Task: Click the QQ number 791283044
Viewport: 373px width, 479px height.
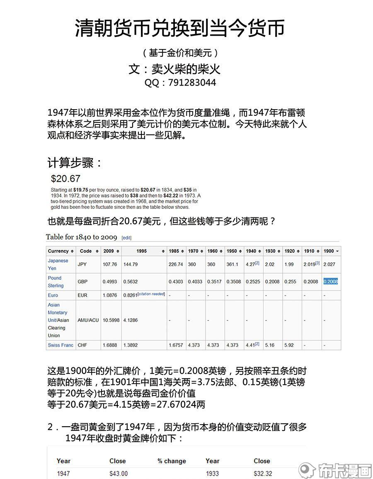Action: (192, 83)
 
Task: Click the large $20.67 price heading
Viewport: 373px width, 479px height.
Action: (65, 179)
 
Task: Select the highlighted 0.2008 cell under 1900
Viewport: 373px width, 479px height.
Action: (330, 281)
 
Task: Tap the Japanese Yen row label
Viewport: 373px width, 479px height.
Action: (58, 264)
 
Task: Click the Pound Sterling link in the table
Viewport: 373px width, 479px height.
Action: (56, 282)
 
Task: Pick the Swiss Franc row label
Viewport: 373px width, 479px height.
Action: (61, 345)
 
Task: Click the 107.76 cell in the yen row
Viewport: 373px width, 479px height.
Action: (110, 264)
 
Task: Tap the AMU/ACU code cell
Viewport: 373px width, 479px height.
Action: (88, 320)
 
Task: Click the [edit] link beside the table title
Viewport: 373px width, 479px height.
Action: (126, 238)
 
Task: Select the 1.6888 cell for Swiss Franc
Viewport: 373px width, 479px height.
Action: (110, 345)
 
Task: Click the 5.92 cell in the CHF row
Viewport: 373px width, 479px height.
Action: (289, 345)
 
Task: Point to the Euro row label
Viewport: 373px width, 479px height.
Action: (53, 295)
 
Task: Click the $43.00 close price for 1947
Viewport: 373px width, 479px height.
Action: (119, 474)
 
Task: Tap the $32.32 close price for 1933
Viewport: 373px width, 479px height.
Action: (263, 474)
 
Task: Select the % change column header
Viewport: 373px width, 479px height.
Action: (172, 461)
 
